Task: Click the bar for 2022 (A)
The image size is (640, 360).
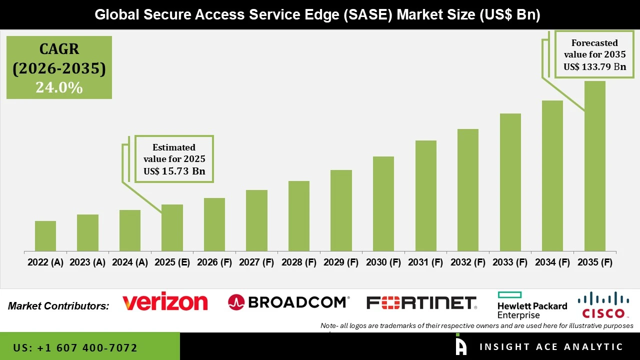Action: tap(45, 236)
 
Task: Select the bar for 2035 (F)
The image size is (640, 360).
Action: tap(594, 166)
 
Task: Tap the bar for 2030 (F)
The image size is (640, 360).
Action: tap(383, 203)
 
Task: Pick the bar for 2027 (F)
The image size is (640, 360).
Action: tap(256, 220)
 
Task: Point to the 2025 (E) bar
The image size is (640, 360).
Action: tap(172, 227)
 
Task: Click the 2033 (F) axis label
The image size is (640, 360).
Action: tap(510, 262)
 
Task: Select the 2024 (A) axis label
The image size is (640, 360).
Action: tap(130, 262)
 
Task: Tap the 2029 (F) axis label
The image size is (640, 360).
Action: tap(341, 262)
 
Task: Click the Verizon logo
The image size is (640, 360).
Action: tap(165, 302)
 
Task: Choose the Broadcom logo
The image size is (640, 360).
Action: tap(288, 302)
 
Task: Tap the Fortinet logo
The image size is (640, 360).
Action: tap(421, 302)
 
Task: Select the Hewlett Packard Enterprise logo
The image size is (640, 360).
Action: tap(532, 306)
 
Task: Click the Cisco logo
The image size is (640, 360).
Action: tap(603, 305)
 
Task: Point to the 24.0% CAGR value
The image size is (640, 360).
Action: tap(59, 87)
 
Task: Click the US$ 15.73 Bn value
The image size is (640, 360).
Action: tap(174, 171)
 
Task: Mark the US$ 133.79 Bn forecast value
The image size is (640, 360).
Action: tap(595, 66)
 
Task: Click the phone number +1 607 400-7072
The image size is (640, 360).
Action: tap(75, 347)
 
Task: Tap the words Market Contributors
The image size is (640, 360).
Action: tap(58, 305)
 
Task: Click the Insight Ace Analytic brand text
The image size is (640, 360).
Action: tap(551, 347)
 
